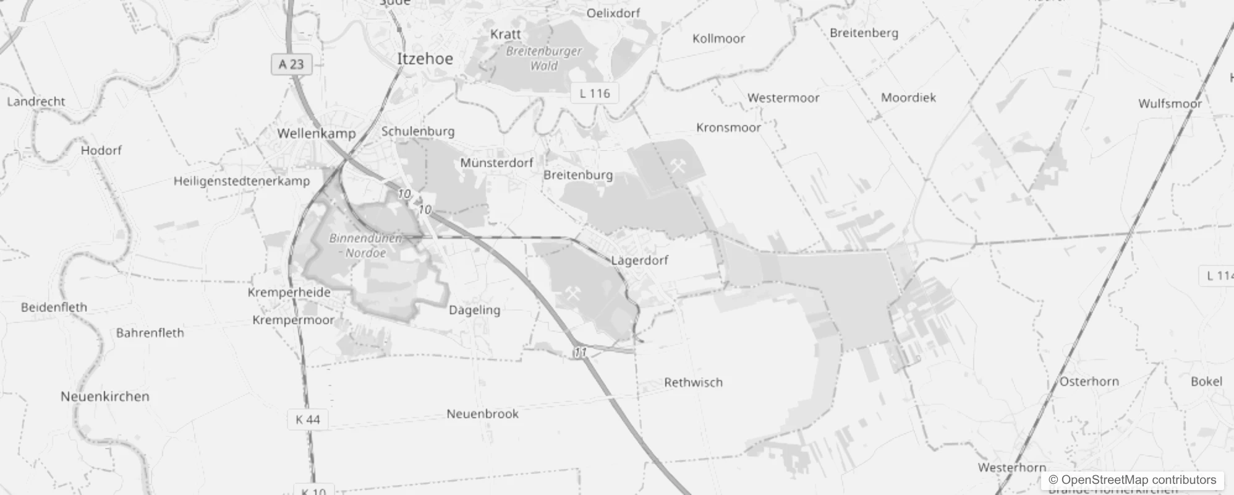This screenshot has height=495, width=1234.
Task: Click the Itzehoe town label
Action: [x=425, y=59]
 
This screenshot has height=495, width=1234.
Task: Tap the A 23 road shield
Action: [x=291, y=64]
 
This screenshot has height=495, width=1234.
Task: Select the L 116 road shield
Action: [x=594, y=93]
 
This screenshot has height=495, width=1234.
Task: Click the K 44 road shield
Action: [x=307, y=420]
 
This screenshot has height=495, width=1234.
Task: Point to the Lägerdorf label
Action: [x=639, y=260]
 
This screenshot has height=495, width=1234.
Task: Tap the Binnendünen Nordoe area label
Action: [x=365, y=246]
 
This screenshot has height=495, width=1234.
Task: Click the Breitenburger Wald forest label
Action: [x=544, y=58]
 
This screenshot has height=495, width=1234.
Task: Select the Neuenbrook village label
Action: [x=482, y=414]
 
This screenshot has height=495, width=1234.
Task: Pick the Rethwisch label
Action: [x=693, y=382]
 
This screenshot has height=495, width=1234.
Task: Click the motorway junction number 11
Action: [x=580, y=353]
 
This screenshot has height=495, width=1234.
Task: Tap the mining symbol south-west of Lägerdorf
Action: [x=573, y=294]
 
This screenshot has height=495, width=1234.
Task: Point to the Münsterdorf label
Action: [x=496, y=163]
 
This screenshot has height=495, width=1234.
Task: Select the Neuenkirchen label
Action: [x=105, y=397]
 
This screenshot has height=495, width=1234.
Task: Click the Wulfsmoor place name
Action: [x=1170, y=103]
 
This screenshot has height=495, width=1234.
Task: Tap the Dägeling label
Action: [x=474, y=310]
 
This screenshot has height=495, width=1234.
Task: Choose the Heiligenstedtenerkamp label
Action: [x=241, y=181]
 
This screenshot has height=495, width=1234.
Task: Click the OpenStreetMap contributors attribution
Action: [x=1131, y=480]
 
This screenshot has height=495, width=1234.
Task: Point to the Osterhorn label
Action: [x=1089, y=382]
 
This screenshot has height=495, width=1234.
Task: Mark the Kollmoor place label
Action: [x=718, y=38]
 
